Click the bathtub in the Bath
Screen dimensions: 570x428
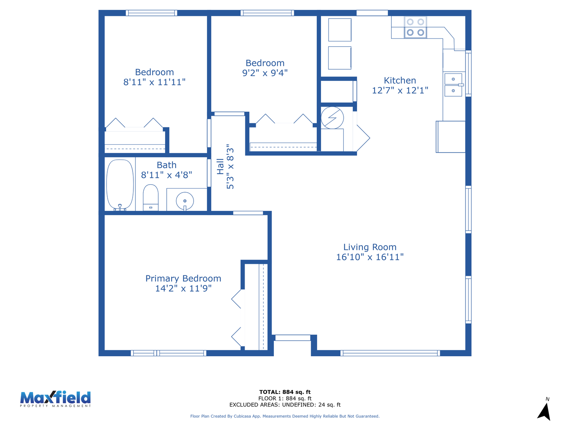pyautogui.click(x=120, y=185)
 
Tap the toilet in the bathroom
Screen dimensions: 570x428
pyautogui.click(x=151, y=197)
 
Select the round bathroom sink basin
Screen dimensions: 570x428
pyautogui.click(x=185, y=201)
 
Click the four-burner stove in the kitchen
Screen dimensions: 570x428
pyautogui.click(x=415, y=27)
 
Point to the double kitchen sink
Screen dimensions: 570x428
pyautogui.click(x=453, y=85)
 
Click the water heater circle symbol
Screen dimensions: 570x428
pyautogui.click(x=332, y=118)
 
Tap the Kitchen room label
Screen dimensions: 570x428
pyautogui.click(x=400, y=80)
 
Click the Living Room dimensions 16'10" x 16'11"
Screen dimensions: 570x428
pyautogui.click(x=370, y=257)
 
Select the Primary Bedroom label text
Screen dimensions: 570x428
pyautogui.click(x=183, y=278)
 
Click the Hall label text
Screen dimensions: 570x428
pyautogui.click(x=220, y=166)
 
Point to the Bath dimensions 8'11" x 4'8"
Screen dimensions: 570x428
pyautogui.click(x=167, y=175)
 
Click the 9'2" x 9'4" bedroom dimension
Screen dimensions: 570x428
pyautogui.click(x=265, y=73)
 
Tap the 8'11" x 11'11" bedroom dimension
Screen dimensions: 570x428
pyautogui.click(x=154, y=82)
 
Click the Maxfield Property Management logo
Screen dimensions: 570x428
pyautogui.click(x=55, y=399)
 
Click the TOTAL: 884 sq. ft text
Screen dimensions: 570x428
pyautogui.click(x=285, y=392)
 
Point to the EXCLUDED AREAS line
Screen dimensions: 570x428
pyautogui.click(x=285, y=405)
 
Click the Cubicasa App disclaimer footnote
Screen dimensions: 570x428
pyautogui.click(x=285, y=416)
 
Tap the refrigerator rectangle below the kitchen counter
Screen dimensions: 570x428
pyautogui.click(x=450, y=137)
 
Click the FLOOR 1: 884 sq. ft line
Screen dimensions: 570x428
pyautogui.click(x=285, y=398)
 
